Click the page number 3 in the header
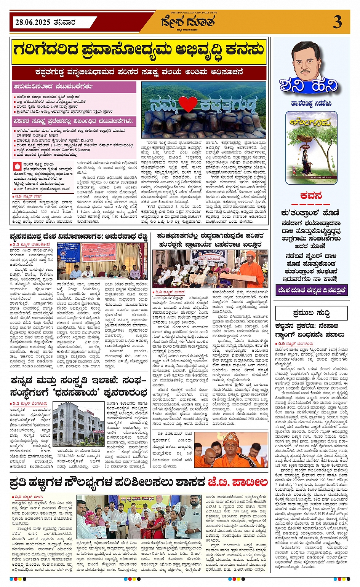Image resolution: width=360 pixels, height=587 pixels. (337, 22)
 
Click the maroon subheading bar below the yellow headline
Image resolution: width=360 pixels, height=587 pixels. (139, 72)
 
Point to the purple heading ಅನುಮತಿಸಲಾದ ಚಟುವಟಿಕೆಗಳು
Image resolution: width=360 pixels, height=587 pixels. (53, 86)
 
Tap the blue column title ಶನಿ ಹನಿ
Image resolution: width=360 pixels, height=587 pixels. (309, 86)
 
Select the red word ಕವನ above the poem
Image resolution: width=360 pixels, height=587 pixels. (311, 196)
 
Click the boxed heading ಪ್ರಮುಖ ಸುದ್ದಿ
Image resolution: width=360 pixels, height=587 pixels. (311, 313)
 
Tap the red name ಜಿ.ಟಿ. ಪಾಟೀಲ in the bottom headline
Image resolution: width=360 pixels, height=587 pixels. (238, 483)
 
